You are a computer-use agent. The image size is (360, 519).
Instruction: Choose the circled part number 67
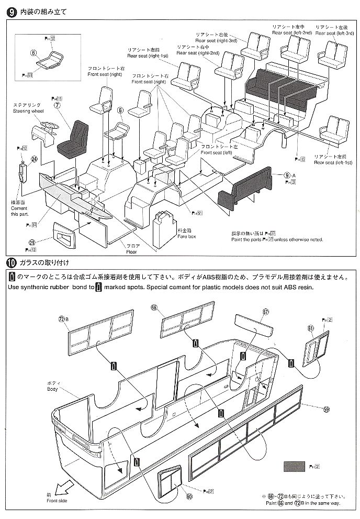pyautogui.click(x=265, y=312)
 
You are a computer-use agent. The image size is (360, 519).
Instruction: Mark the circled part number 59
pyautogui.click(x=327, y=410)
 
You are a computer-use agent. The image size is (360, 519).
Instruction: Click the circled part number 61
pyautogui.click(x=310, y=328)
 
